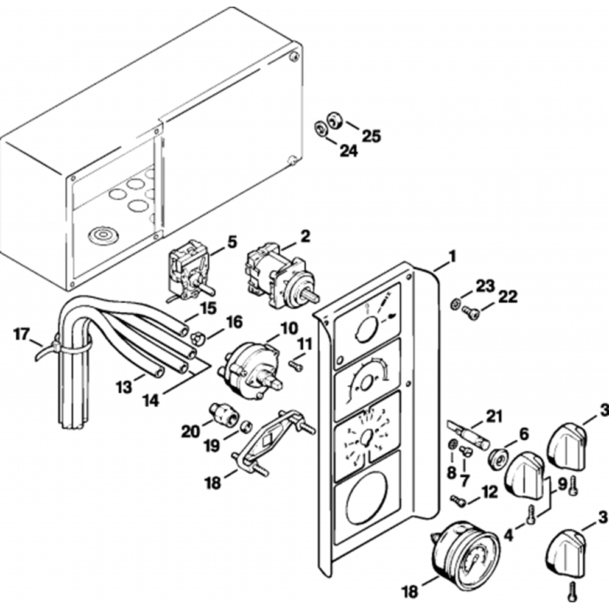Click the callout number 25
pyautogui.click(x=371, y=136)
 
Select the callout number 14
pyautogui.click(x=150, y=401)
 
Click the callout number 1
pyautogui.click(x=452, y=256)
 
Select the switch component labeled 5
pyautogui.click(x=190, y=272)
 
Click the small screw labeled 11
pyautogui.click(x=296, y=365)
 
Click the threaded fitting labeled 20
pyautogui.click(x=222, y=414)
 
